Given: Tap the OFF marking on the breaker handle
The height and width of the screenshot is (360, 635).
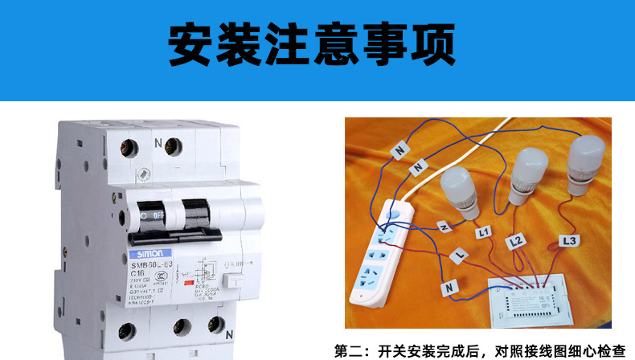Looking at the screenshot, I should [158, 215].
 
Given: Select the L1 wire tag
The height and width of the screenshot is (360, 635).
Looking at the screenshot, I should [483, 232].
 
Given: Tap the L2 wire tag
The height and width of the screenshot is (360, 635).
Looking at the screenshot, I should [515, 240].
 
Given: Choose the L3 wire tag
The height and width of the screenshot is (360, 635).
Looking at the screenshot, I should [568, 239].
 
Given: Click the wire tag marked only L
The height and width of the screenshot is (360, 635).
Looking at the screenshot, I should [459, 256].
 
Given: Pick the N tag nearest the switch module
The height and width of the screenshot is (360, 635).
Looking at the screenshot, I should [449, 286].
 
